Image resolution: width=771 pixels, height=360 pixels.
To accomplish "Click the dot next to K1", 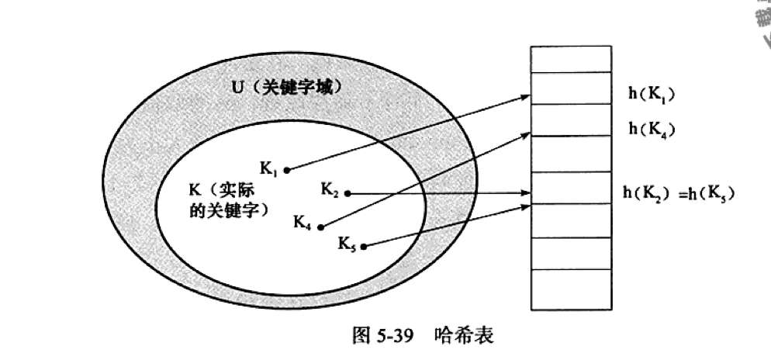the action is click(287, 169).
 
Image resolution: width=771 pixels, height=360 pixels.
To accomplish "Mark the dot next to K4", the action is click(320, 227).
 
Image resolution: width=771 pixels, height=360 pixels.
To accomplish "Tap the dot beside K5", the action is click(364, 247).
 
